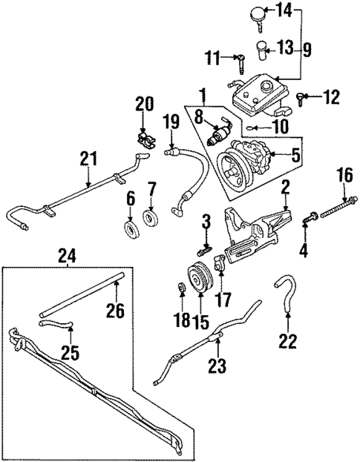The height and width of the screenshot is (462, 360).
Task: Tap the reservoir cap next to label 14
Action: [257, 13]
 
